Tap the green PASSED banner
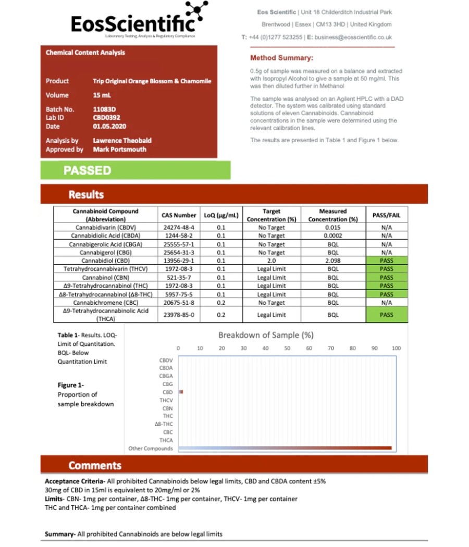pyautogui.click(x=135, y=170)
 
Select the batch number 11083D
pyautogui.click(x=105, y=109)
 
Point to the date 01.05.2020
pyautogui.click(x=109, y=126)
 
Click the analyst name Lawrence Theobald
pyautogui.click(x=122, y=141)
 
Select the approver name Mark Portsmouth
pyautogui.click(x=119, y=150)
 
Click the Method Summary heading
pyautogui.click(x=281, y=58)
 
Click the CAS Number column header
pyautogui.click(x=179, y=215)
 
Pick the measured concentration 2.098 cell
pyautogui.click(x=333, y=260)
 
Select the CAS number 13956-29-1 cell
pyautogui.click(x=179, y=260)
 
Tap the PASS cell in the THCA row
pyautogui.click(x=386, y=315)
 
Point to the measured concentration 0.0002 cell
pyautogui.click(x=333, y=236)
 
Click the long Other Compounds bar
pyautogui.click(x=285, y=448)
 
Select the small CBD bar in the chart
pyautogui.click(x=181, y=392)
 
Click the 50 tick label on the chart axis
pyautogui.click(x=287, y=348)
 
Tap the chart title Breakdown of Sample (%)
pyautogui.click(x=266, y=335)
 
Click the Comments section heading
pyautogui.click(x=95, y=465)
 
